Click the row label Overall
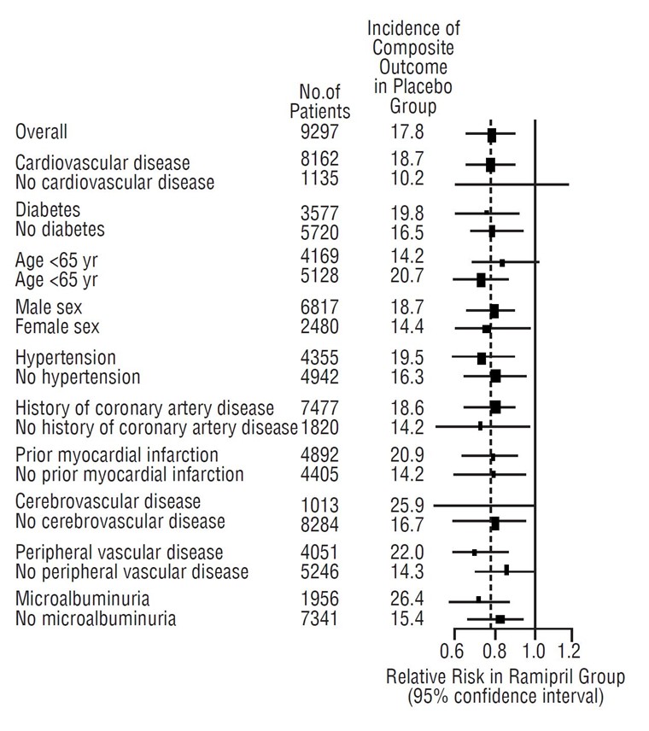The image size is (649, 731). (41, 132)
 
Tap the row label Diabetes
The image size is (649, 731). (48, 210)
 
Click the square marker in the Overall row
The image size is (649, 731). (492, 134)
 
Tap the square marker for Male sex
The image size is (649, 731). (494, 311)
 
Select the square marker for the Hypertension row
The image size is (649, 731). (482, 358)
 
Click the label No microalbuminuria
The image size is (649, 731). (96, 618)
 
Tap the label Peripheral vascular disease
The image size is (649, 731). (120, 553)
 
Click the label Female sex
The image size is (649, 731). (57, 326)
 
